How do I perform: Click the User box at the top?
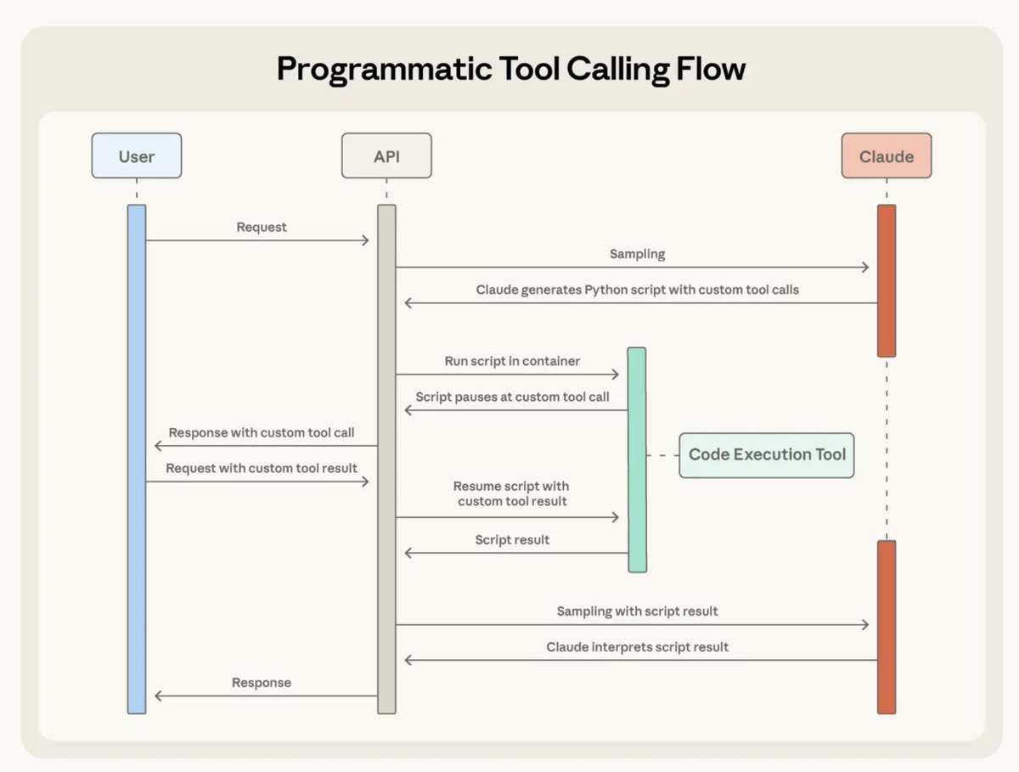coord(136,156)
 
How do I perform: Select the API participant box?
coord(386,156)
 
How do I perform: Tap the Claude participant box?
coord(887,156)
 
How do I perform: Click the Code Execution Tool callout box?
coord(767,455)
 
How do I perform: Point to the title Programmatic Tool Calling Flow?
coord(511,68)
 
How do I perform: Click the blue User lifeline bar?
coord(137,459)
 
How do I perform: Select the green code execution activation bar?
coord(637,459)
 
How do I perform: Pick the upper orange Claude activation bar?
coord(887,280)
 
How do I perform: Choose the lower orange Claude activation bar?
coord(887,627)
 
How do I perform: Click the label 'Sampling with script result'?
coord(637,611)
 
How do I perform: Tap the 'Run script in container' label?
coord(512,362)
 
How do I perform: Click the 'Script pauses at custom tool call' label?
coord(512,397)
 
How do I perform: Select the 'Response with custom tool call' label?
coord(262,433)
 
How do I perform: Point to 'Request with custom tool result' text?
coord(262,469)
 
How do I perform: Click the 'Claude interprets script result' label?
coord(637,647)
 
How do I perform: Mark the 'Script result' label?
coord(512,540)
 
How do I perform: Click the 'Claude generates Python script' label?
coord(637,290)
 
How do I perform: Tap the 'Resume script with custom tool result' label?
coord(511,494)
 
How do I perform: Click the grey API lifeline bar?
coord(386,459)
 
